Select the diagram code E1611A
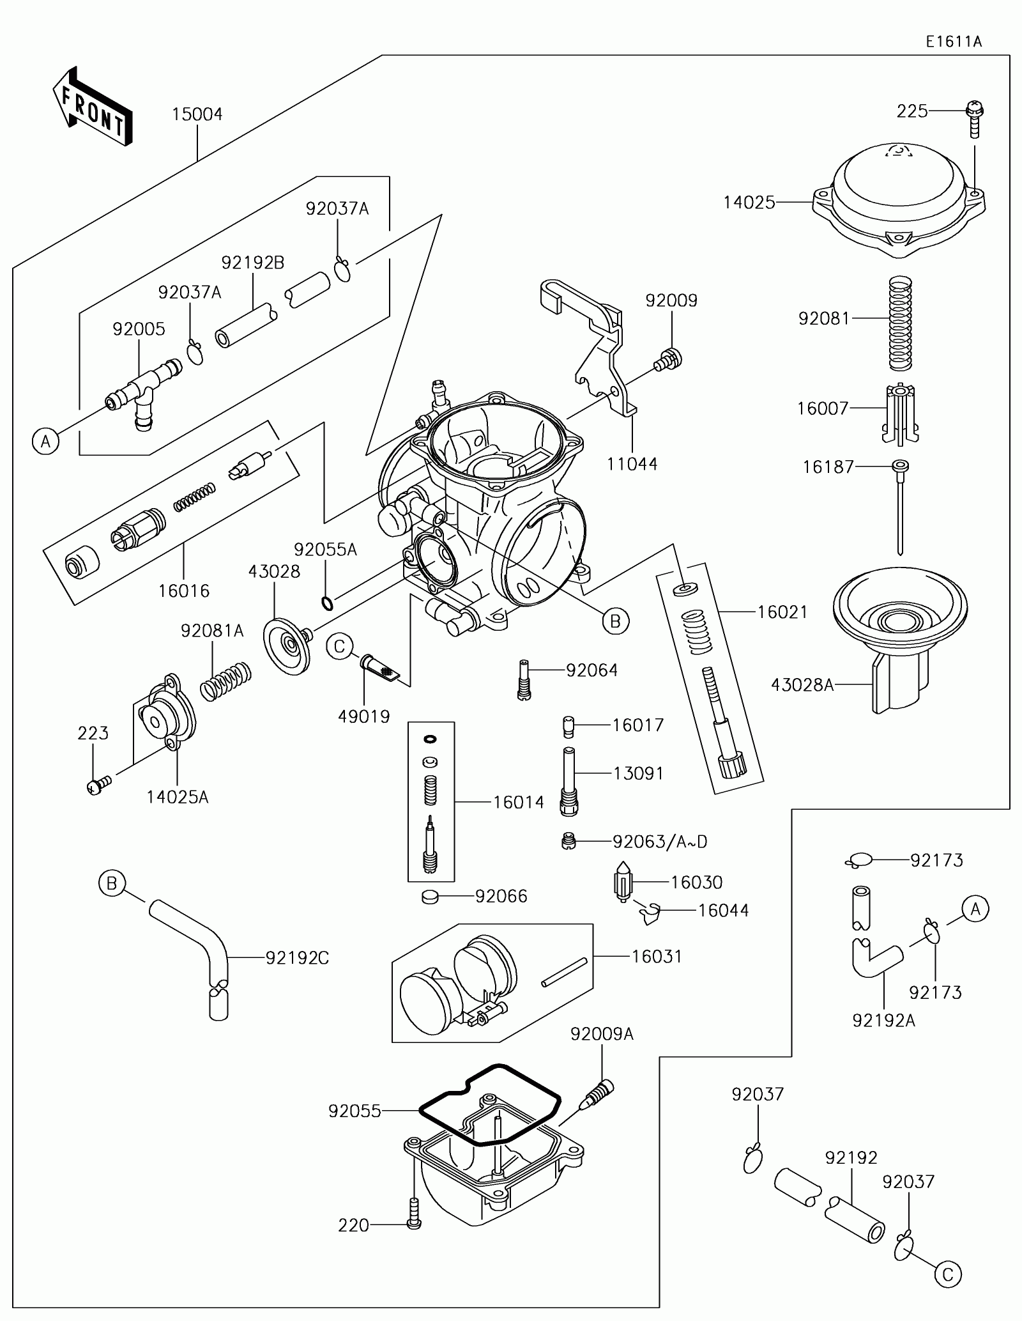click(x=954, y=42)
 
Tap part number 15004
click(x=197, y=114)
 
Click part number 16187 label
click(x=828, y=467)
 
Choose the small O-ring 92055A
click(x=326, y=603)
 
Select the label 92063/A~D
click(x=660, y=842)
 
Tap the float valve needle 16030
click(x=623, y=883)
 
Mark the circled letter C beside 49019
click(x=339, y=647)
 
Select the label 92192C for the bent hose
click(x=297, y=957)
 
